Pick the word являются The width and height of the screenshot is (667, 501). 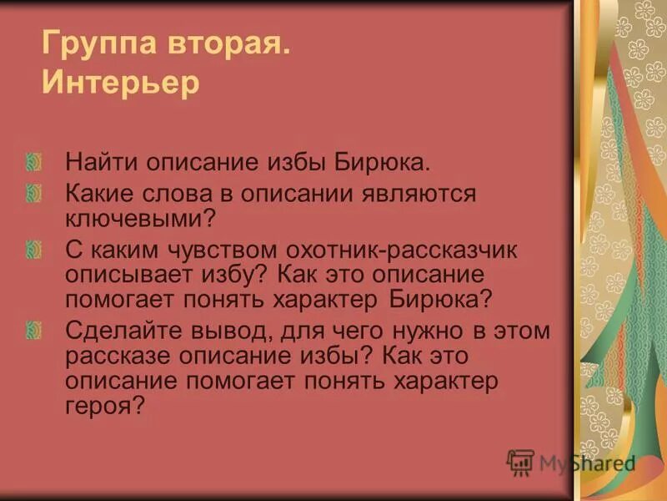click(x=423, y=195)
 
